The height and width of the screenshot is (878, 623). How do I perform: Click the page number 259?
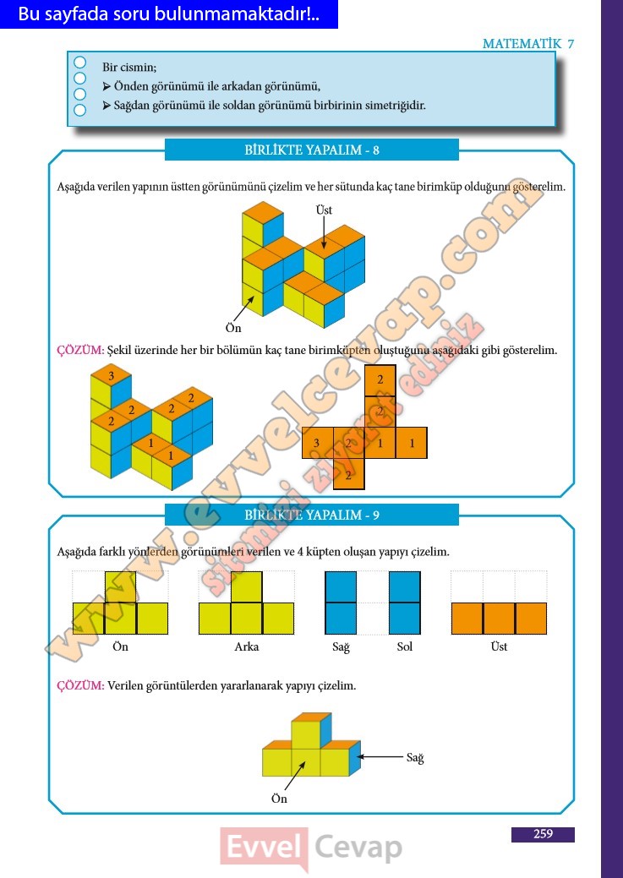point(543,834)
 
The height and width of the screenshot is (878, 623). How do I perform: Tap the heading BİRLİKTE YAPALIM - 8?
point(312,150)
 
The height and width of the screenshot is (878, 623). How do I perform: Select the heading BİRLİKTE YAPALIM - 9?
point(312,515)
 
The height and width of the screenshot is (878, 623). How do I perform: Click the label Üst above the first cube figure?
point(324,210)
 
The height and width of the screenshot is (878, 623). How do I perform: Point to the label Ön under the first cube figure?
point(233,328)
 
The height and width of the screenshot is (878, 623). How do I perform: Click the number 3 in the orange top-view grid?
point(316,444)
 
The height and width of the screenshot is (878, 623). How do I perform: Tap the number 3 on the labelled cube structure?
point(111,376)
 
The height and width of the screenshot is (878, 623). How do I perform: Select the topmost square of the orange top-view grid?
point(380,380)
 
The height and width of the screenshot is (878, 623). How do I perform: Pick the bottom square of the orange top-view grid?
point(348,475)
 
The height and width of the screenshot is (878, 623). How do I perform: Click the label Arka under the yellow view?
point(247,646)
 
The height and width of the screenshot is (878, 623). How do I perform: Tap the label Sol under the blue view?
point(405,646)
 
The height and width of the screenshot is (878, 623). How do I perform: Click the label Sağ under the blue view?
point(341,647)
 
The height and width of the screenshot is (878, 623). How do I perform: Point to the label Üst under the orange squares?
point(499,646)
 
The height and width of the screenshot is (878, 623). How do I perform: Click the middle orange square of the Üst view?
point(499,619)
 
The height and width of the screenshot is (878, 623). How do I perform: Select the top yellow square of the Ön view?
point(120,586)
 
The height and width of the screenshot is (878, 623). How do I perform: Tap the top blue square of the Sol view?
point(405,586)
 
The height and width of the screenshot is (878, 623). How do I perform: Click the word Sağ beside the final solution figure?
point(415,758)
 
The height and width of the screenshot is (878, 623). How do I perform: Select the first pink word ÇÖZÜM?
point(80,351)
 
